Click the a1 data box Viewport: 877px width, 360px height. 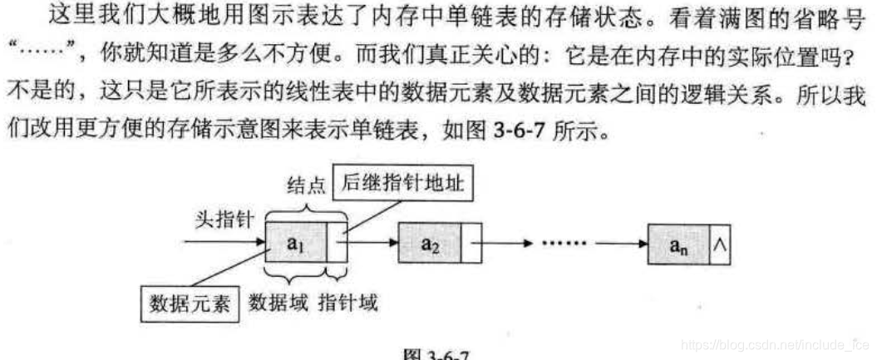295,243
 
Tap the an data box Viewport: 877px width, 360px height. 677,246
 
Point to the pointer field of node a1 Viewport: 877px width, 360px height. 337,243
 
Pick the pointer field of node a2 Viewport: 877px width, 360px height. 471,244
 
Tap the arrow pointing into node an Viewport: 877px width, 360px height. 623,244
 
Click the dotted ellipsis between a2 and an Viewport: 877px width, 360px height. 564,244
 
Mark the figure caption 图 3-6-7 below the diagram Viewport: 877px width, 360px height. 436,353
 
